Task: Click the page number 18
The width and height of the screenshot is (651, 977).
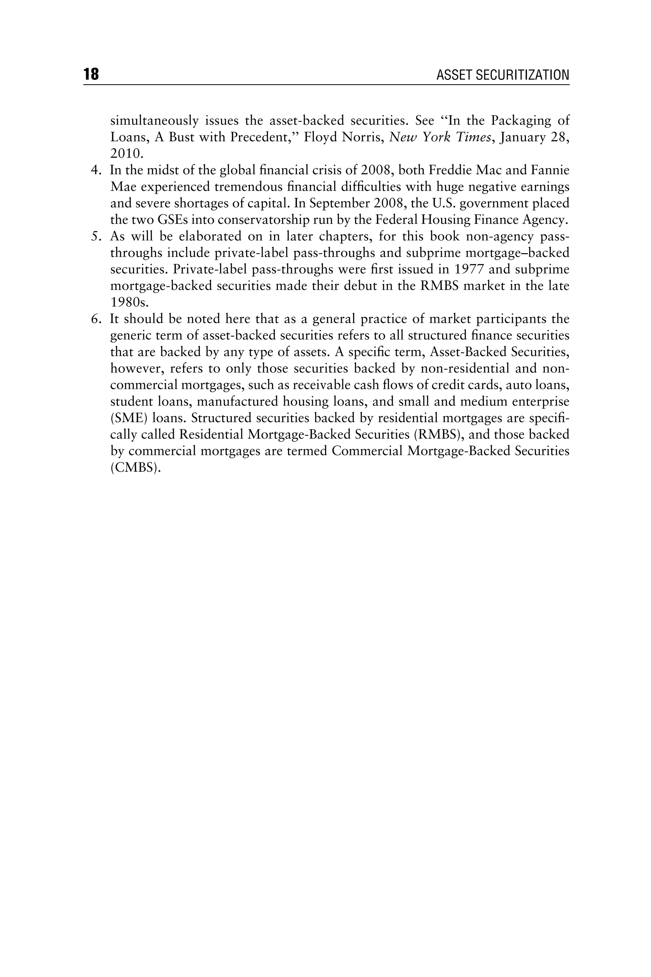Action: coord(91,75)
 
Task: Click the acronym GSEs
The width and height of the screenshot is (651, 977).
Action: coord(172,220)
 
